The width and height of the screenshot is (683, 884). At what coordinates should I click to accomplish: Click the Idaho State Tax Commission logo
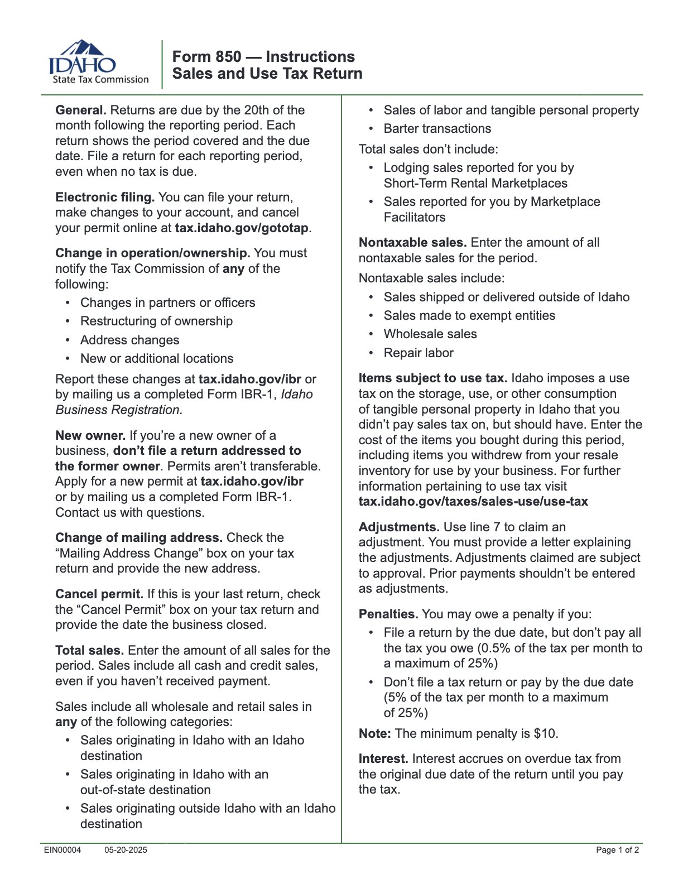tap(99, 63)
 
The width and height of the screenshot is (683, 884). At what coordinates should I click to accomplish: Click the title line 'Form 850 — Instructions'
tap(263, 56)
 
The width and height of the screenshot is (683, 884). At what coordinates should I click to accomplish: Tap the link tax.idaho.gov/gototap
tap(242, 228)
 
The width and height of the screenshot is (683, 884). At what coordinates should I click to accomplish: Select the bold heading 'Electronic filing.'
tap(105, 198)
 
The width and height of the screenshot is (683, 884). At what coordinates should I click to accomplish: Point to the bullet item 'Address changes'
tap(129, 340)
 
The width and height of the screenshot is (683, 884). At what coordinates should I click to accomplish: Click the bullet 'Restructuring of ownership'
tap(156, 321)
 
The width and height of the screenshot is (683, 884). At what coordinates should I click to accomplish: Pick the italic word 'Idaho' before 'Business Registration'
tap(296, 395)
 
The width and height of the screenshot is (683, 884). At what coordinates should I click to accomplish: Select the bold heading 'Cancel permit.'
tap(99, 594)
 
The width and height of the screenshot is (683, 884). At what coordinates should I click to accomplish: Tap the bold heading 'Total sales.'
tap(89, 651)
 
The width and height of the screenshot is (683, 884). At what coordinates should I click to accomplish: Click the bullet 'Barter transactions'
tap(437, 129)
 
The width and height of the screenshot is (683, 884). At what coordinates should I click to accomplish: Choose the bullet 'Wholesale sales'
tap(430, 334)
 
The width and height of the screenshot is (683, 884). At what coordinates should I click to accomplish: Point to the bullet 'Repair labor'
tap(418, 353)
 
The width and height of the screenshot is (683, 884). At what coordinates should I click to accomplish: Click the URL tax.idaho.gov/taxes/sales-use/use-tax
tap(473, 502)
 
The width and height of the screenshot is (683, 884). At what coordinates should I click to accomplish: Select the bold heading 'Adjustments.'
tap(399, 527)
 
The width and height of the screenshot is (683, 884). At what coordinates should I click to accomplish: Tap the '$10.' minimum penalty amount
tap(546, 734)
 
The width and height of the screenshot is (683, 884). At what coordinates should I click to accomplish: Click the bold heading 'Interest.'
tap(383, 759)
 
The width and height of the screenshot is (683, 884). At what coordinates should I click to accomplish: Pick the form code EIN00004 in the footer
tap(62, 850)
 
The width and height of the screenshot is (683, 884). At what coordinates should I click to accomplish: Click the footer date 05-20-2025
tap(126, 850)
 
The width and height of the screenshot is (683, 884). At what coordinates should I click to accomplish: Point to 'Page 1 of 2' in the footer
tap(617, 850)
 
